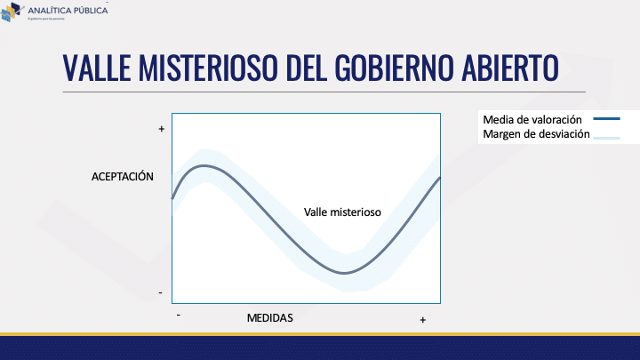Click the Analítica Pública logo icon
click(12, 12)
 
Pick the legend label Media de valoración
click(532, 119)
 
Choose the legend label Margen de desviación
click(536, 135)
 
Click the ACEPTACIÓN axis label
click(123, 177)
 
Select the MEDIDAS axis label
click(269, 317)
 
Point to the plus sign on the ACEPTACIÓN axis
click(161, 130)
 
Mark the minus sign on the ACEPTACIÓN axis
click(161, 292)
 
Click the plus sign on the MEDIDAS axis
click(422, 319)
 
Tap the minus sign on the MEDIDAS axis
click(179, 314)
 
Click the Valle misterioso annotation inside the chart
click(342, 212)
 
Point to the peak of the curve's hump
click(205, 165)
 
